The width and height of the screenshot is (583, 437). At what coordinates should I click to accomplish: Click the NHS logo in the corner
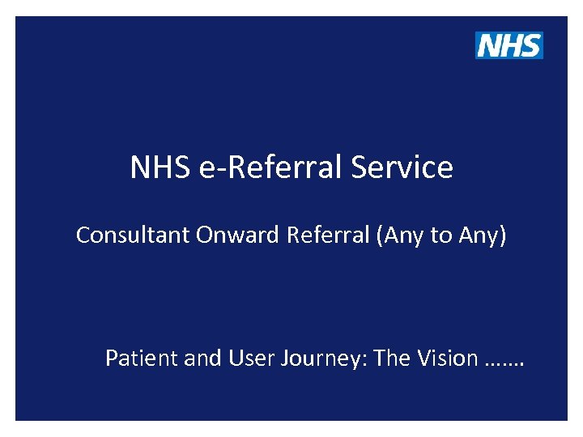509,45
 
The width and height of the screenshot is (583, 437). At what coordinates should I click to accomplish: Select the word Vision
446,358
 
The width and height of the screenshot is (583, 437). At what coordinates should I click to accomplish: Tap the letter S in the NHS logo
530,45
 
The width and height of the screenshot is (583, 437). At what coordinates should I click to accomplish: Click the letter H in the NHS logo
510,45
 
